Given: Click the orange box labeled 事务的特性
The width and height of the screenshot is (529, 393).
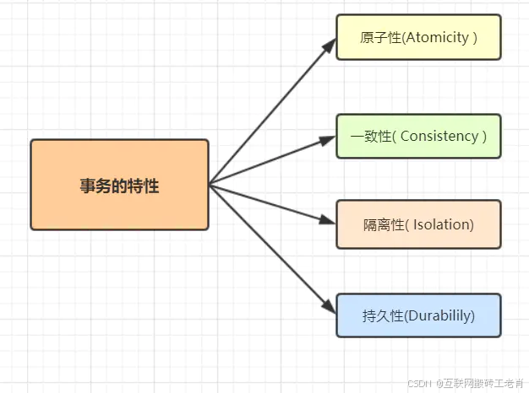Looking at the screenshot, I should [x=119, y=185].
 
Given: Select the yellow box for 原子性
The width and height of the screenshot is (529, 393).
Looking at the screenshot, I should [x=418, y=37].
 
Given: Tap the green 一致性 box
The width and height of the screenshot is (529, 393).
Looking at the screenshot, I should [x=418, y=136].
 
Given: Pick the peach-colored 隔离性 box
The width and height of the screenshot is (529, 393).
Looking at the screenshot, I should [x=418, y=224].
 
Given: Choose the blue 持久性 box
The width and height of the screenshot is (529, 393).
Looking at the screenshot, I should [x=418, y=315].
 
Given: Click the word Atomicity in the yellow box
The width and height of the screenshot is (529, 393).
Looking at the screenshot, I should [x=435, y=38].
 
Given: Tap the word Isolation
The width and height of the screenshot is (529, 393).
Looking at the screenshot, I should [x=443, y=225].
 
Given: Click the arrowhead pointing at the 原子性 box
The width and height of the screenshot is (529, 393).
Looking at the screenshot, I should [x=330, y=44].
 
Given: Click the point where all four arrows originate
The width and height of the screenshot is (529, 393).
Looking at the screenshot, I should [x=210, y=184].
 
